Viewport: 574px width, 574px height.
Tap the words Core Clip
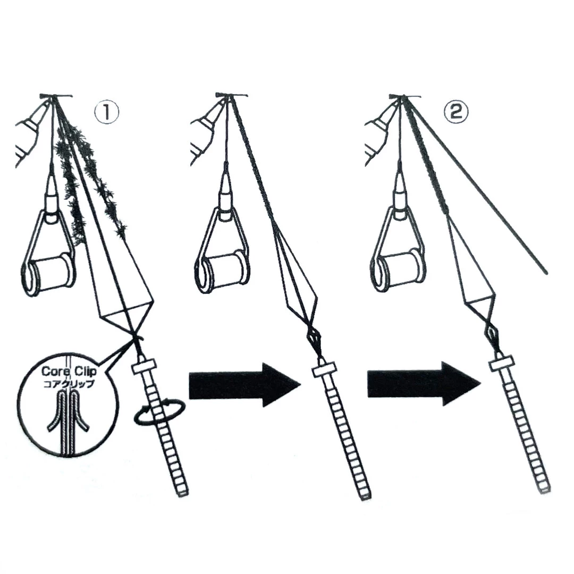click(69, 371)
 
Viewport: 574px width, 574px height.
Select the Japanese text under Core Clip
click(69, 384)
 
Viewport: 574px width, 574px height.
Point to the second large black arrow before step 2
click(424, 384)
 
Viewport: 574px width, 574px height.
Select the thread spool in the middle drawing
click(223, 271)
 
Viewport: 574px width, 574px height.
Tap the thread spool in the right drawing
click(398, 271)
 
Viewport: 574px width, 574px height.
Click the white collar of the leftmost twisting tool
click(144, 366)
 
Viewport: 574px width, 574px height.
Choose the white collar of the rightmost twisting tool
click(502, 364)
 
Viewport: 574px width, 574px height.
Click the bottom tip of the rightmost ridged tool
click(545, 490)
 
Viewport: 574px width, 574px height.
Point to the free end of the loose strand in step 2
click(546, 272)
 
